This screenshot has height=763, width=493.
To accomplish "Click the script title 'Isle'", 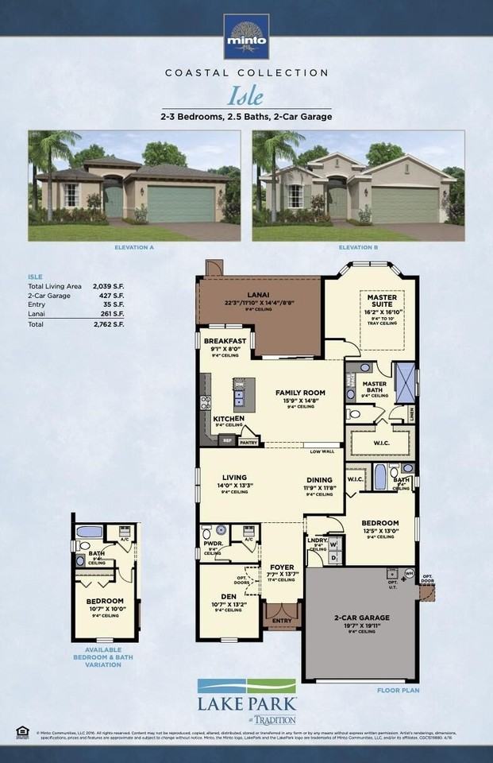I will (246, 96).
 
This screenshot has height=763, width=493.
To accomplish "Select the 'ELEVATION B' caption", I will (357, 248).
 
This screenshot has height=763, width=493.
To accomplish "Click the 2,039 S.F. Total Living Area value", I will (109, 285).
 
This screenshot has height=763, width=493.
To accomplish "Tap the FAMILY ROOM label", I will (300, 393).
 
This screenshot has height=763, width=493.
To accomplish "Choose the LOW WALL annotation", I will (321, 451).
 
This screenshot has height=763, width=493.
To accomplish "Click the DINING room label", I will (319, 479).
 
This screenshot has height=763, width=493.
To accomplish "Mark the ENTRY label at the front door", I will (281, 622).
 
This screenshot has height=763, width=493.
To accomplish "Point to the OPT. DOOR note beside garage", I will (427, 578).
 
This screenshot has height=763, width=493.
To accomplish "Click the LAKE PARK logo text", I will (246, 703).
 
